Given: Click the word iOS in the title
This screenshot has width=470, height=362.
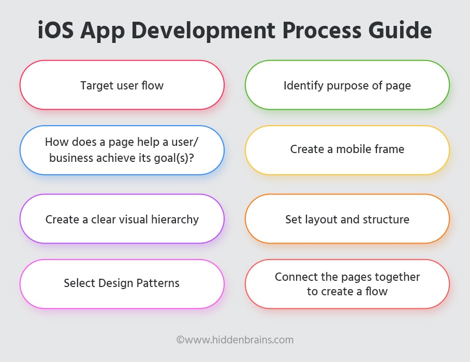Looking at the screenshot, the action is (x=56, y=30).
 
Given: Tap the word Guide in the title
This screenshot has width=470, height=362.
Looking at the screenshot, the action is (x=400, y=30).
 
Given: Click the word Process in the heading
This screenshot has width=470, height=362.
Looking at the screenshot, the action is (x=321, y=30).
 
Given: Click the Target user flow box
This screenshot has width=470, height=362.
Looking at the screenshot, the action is (x=122, y=85).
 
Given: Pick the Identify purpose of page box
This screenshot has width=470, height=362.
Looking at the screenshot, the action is (x=347, y=85).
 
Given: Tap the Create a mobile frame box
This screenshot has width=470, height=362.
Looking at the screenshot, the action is (x=347, y=150).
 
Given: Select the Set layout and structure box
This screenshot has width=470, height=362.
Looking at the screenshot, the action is (x=347, y=219).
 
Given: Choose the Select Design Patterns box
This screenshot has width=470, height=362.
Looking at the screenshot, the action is (x=122, y=284).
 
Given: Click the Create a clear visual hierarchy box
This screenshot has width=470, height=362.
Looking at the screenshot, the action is (x=122, y=219).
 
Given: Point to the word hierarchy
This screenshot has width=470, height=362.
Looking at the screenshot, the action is (x=175, y=220).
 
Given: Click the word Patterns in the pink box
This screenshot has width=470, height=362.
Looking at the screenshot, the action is (x=158, y=283).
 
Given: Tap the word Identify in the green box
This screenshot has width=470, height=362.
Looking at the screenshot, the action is (x=304, y=86).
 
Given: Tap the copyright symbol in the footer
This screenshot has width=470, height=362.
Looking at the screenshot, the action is (x=180, y=340).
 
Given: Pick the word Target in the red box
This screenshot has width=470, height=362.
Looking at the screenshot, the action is (x=97, y=86).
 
